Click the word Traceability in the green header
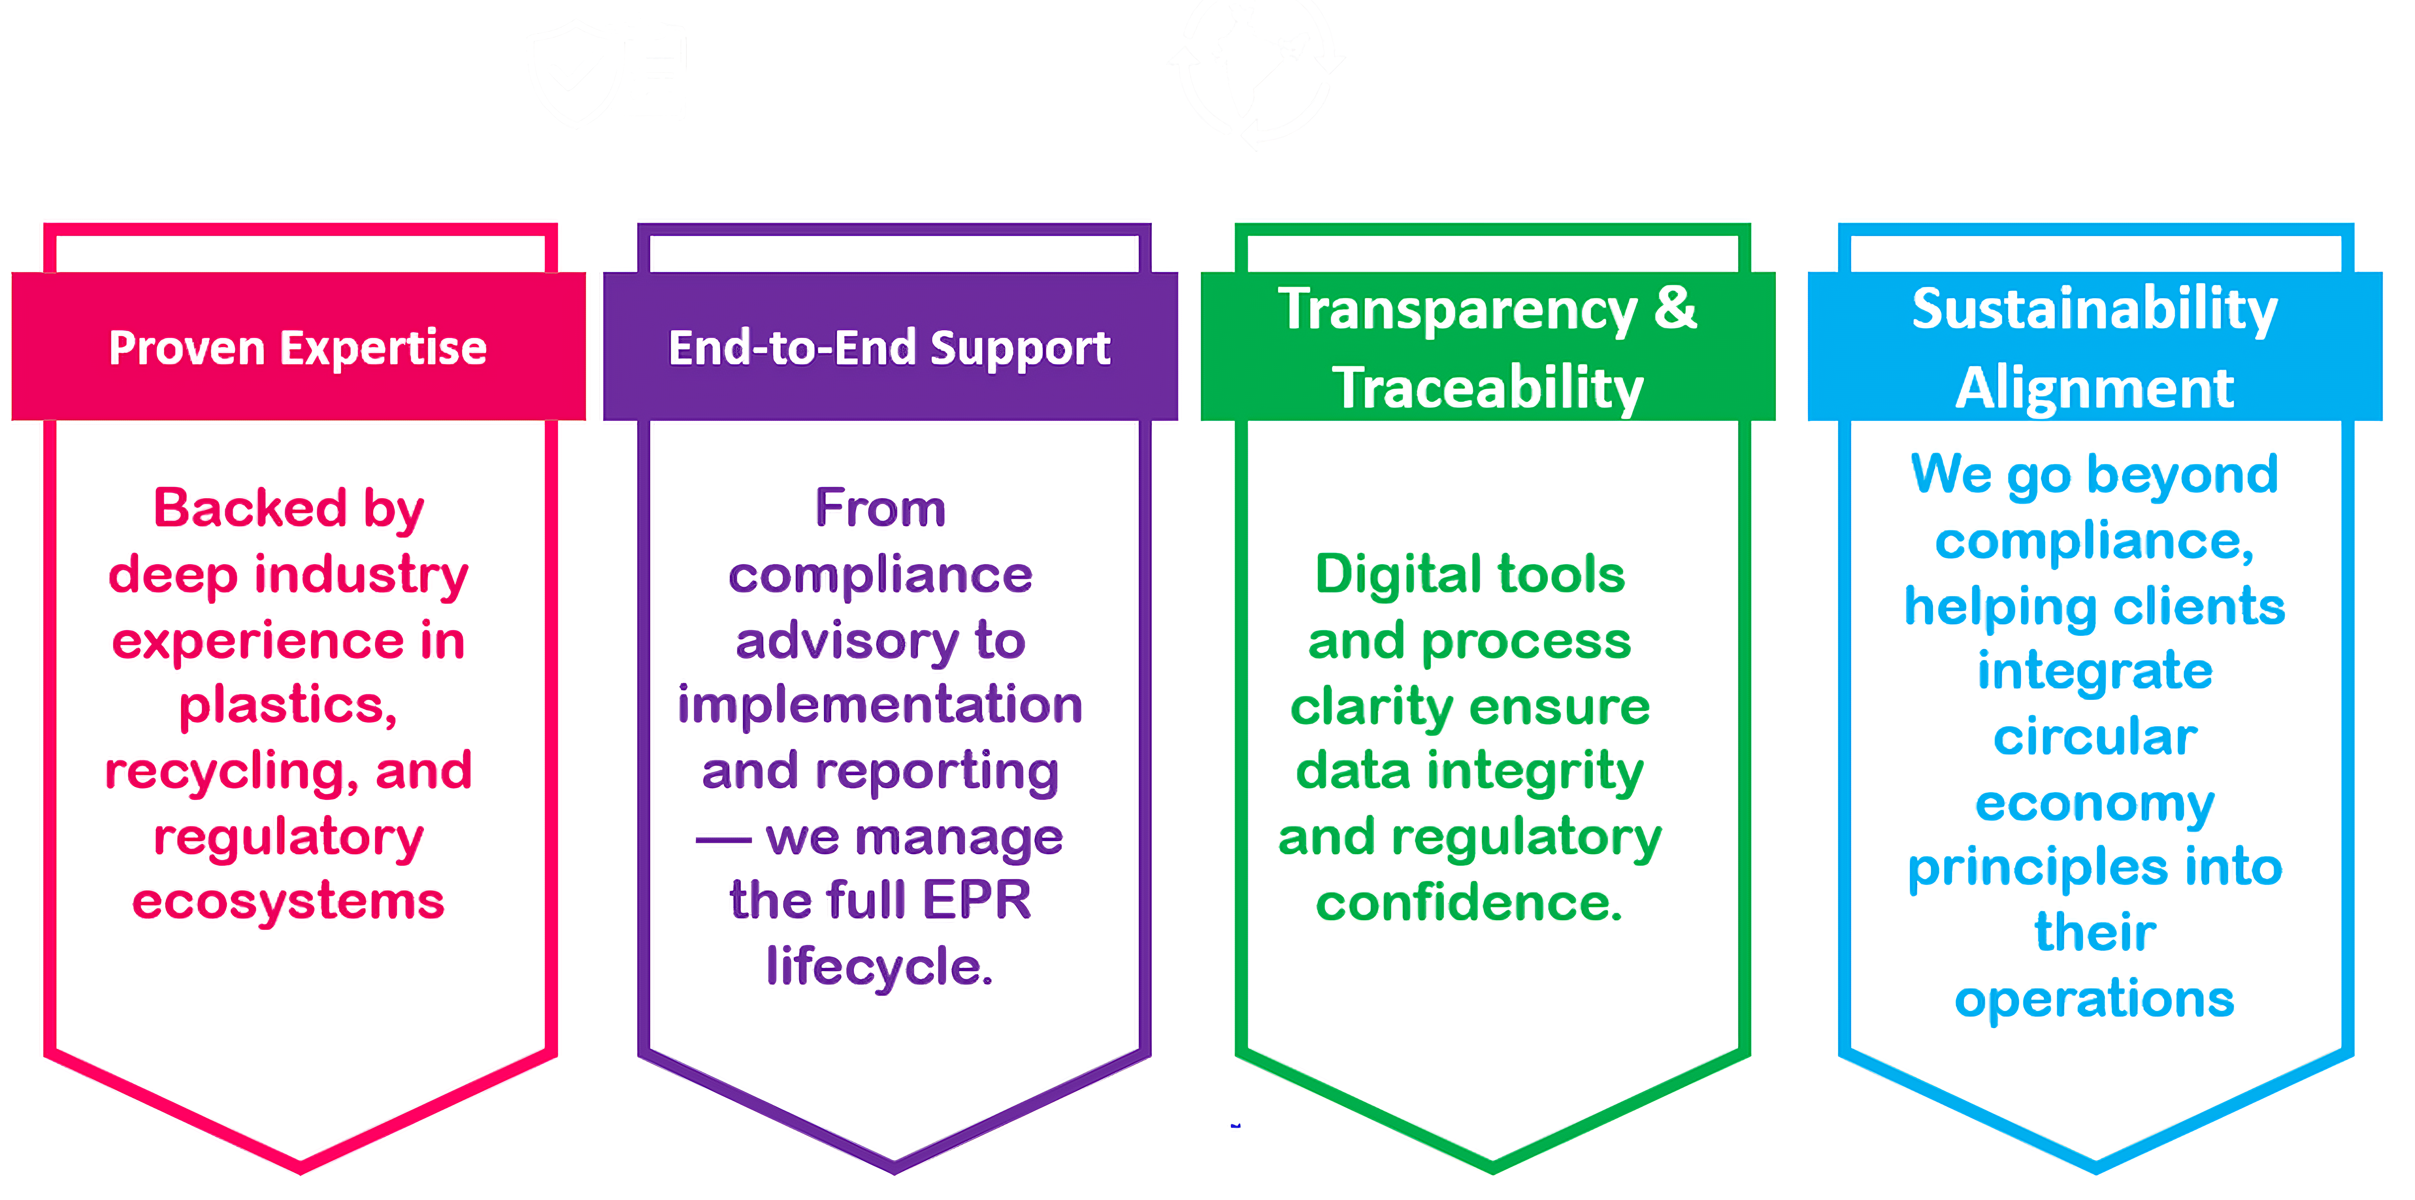pyautogui.click(x=1489, y=388)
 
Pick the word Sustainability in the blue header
pyautogui.click(x=2095, y=309)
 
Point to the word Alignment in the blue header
pyautogui.click(x=2095, y=388)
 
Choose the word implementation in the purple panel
pyautogui.click(x=880, y=705)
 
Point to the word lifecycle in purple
pyautogui.click(x=879, y=967)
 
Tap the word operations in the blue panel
pyautogui.click(x=2095, y=999)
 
